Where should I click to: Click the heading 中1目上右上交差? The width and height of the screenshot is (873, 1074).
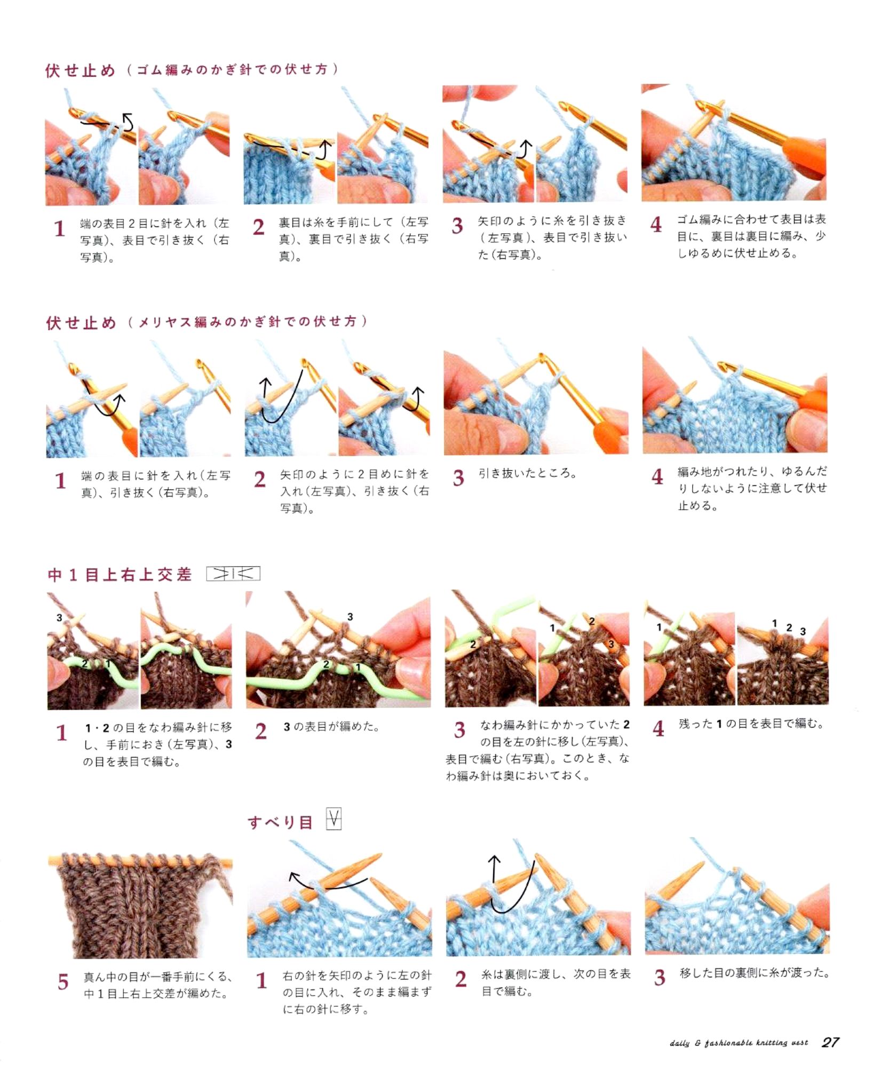(x=120, y=575)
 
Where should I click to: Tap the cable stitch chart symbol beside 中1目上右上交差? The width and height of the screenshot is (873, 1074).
(x=233, y=574)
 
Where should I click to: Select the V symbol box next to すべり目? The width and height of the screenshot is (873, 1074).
(x=334, y=819)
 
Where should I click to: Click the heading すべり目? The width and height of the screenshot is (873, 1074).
(x=280, y=822)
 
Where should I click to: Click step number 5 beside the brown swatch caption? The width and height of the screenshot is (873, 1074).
(x=63, y=982)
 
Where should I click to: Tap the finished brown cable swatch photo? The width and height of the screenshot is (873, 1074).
(x=140, y=905)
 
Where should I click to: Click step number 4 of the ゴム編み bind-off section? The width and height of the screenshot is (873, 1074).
(x=656, y=224)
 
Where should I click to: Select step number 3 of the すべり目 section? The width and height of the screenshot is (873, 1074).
(x=660, y=977)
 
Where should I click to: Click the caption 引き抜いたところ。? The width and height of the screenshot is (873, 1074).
(x=528, y=473)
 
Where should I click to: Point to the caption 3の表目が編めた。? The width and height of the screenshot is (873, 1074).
(x=331, y=727)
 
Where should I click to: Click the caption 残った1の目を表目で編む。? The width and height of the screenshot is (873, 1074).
(x=752, y=724)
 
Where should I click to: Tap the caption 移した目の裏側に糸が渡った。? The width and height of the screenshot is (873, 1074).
(x=755, y=973)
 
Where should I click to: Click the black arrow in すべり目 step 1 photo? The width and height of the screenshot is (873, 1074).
(x=328, y=882)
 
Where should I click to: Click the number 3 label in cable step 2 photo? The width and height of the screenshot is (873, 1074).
(x=350, y=617)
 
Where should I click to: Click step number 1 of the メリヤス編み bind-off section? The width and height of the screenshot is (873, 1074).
(x=60, y=481)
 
